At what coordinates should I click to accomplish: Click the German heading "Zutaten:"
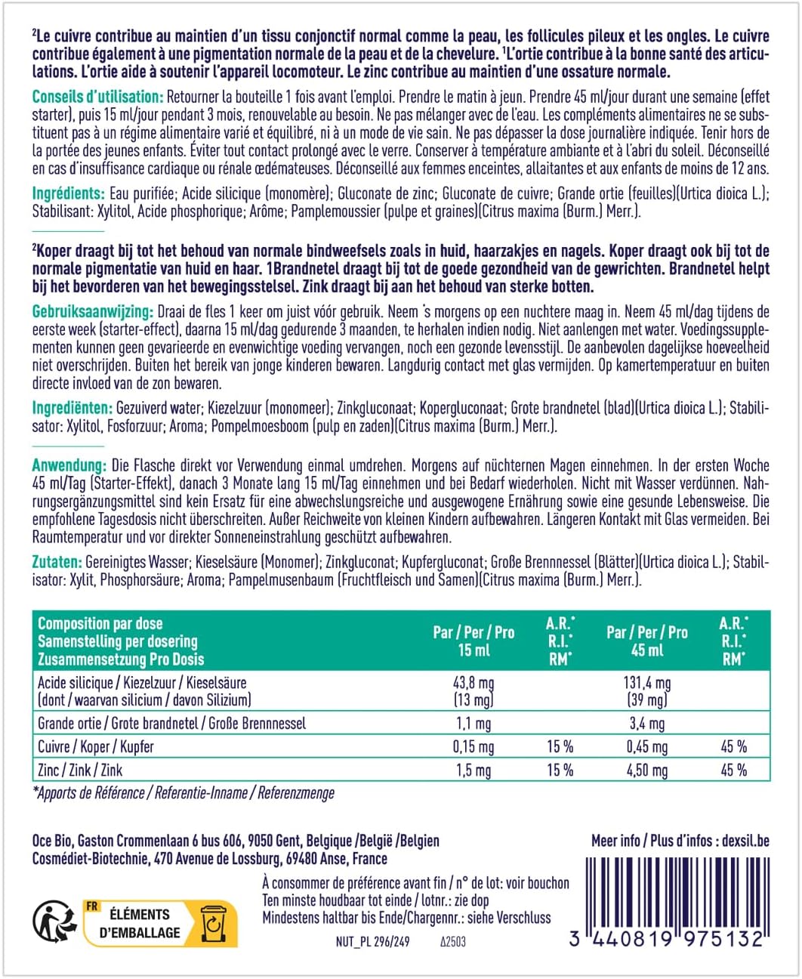(x=57, y=562)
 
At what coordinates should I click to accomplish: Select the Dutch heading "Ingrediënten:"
(x=72, y=409)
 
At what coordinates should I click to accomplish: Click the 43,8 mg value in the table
(x=473, y=683)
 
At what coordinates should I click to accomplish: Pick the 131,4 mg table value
(x=646, y=683)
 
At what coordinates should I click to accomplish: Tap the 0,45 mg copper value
(x=646, y=747)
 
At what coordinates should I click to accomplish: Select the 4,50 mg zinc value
(x=646, y=771)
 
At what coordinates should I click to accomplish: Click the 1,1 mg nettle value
(x=473, y=724)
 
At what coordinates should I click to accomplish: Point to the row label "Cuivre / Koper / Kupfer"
(x=96, y=747)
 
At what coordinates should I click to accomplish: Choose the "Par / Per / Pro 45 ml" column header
(x=646, y=641)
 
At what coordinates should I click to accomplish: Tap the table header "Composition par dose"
(x=100, y=624)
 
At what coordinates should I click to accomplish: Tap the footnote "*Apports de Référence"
(x=88, y=793)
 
